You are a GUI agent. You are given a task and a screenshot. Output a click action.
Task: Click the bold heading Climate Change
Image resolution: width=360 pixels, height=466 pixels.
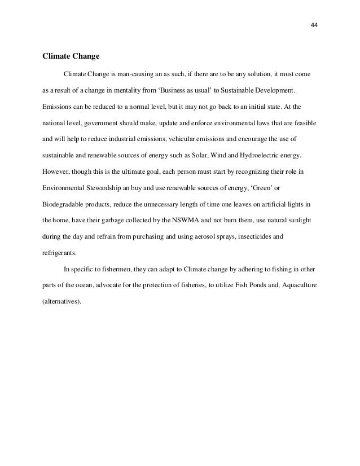(71, 56)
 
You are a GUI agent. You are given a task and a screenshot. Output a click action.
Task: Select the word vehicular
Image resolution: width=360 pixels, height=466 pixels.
(185, 138)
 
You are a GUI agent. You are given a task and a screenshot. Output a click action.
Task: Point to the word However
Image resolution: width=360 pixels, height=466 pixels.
(55, 170)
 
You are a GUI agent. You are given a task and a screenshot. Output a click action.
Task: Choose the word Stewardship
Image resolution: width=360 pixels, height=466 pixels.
(104, 186)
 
